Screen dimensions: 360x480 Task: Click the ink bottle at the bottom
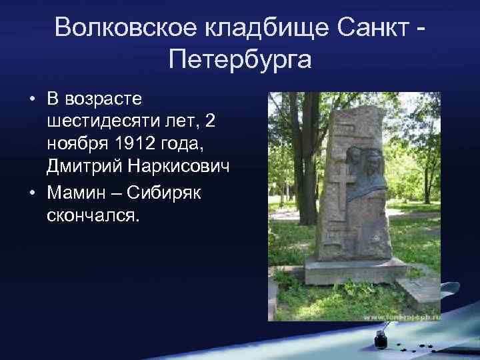381,338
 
